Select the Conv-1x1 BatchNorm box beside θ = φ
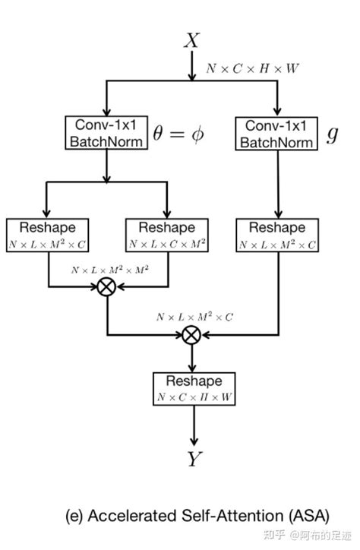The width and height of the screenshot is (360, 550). tap(106, 132)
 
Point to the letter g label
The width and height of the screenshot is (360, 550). tap(332, 134)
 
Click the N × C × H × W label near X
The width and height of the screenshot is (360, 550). tap(252, 68)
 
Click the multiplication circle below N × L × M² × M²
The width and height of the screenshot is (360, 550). tap(107, 286)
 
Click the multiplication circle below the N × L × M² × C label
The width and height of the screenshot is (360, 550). tap(193, 333)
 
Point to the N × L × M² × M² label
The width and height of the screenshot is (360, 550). tap(107, 270)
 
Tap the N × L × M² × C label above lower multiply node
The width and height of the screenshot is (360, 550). tap(194, 315)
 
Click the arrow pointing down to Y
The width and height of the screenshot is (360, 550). tap(193, 425)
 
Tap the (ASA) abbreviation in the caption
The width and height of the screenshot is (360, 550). tap(271, 517)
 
